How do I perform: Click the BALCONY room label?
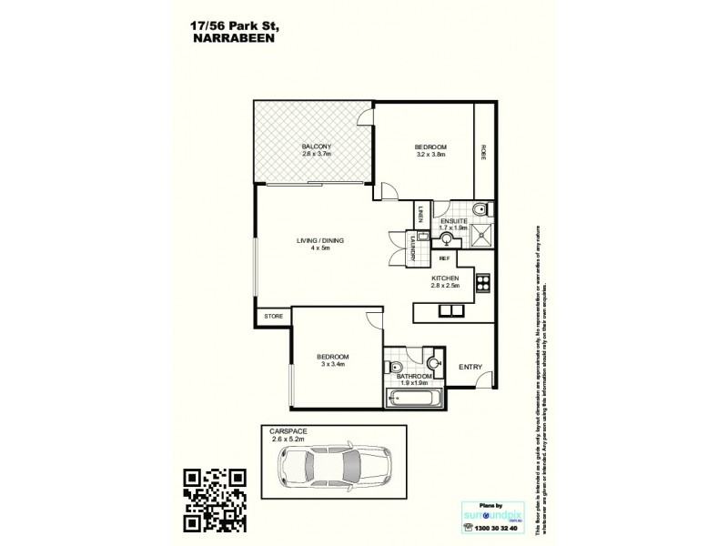[315, 147]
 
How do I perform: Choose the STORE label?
[273, 316]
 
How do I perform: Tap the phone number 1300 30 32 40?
[492, 526]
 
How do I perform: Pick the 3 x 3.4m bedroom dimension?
[335, 364]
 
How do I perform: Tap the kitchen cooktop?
[483, 281]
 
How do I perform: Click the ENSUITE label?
[454, 221]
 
